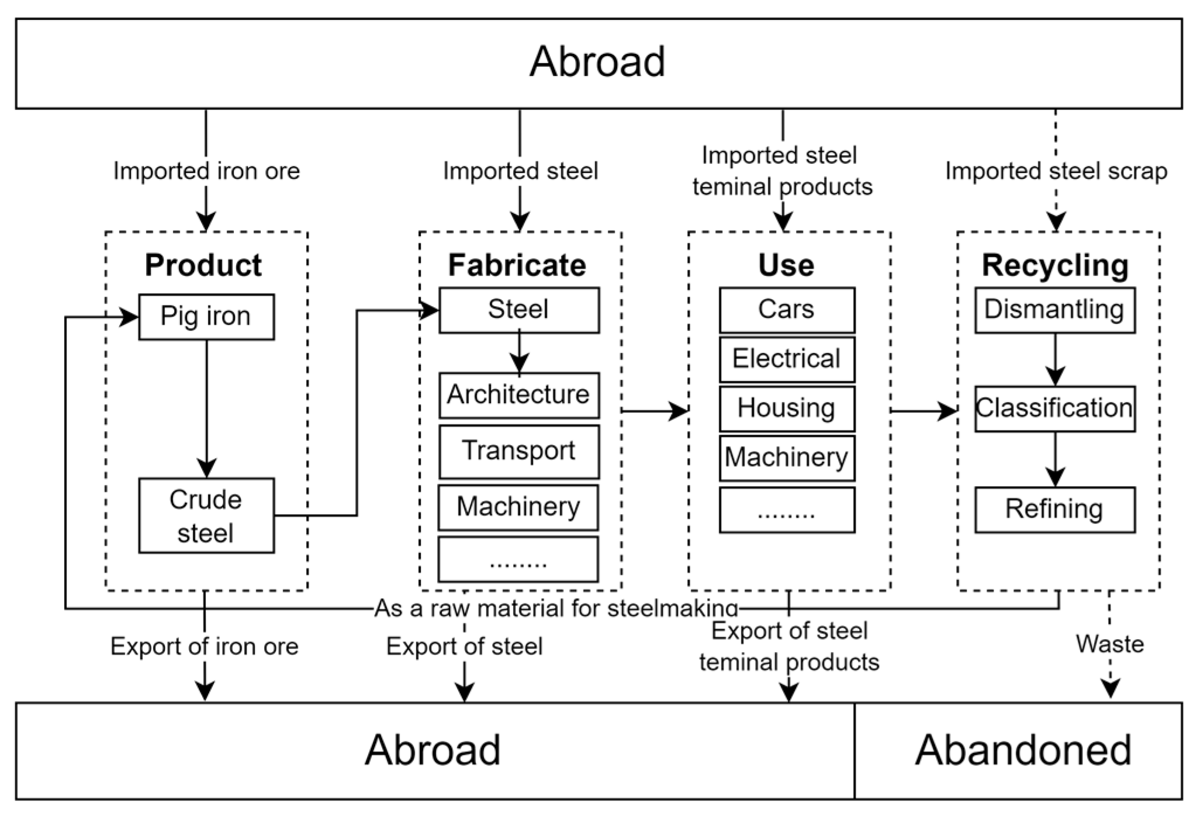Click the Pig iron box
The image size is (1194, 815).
[206, 317]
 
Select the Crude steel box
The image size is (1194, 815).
[206, 515]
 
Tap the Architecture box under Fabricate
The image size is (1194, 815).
[518, 395]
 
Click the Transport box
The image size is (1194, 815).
[518, 451]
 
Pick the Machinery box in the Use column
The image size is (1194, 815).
[786, 457]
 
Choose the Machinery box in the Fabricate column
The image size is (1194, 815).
[518, 507]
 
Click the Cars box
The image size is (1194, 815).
[786, 310]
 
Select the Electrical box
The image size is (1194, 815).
[786, 359]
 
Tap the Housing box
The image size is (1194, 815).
[786, 408]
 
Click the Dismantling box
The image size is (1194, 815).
[1054, 310]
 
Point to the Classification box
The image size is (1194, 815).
[1054, 408]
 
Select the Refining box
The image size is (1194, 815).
[1054, 509]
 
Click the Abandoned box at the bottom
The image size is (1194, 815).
[1023, 750]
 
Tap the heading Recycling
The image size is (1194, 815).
[1055, 265]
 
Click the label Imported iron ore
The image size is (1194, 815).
[206, 171]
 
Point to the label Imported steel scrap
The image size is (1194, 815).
[1055, 171]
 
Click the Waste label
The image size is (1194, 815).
[1109, 644]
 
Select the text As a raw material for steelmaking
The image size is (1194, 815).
[556, 608]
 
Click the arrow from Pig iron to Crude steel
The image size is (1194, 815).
[206, 409]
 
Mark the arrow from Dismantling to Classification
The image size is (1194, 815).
[1055, 359]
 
